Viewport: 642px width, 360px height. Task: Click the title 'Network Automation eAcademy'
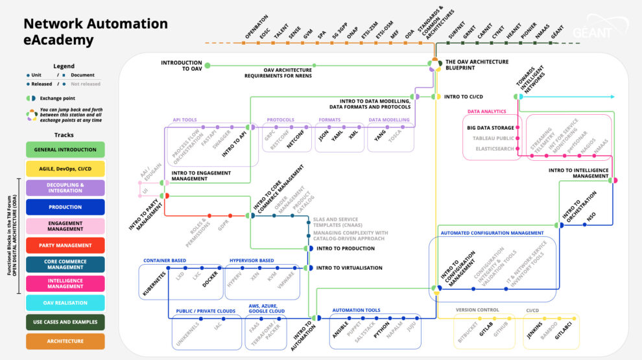pos(95,32)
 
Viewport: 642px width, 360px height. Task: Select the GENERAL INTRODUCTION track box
pos(65,149)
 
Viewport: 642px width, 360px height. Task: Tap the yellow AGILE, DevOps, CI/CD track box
pos(65,169)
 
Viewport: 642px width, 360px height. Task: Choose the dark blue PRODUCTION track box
pos(65,207)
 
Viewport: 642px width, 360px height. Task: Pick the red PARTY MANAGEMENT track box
pos(65,245)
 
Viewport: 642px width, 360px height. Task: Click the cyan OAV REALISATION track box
pos(65,302)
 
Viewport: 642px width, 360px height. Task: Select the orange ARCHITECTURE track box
pos(65,341)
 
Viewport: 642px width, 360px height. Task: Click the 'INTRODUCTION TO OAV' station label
pos(182,65)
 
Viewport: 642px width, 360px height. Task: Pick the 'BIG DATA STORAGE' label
pos(490,128)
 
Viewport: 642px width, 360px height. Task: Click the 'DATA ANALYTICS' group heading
pos(486,112)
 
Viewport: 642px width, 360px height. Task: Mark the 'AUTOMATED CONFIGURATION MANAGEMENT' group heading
pos(492,233)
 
